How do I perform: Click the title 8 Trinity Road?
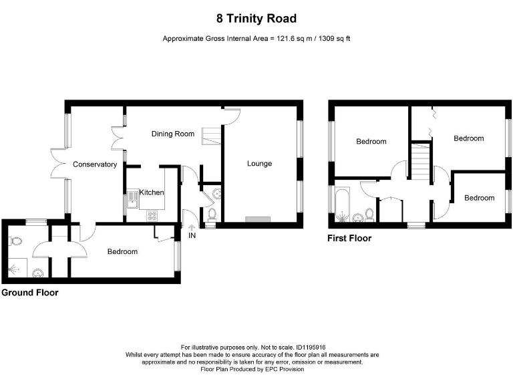click(x=256, y=19)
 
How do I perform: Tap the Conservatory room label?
click(x=95, y=164)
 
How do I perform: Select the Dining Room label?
click(x=173, y=134)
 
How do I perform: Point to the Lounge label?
click(x=259, y=163)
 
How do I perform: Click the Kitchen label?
click(x=152, y=192)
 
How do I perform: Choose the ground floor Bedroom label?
click(x=122, y=251)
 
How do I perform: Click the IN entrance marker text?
click(x=192, y=235)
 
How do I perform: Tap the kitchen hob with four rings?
click(x=152, y=215)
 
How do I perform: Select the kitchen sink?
click(x=132, y=199)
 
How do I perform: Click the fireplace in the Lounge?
click(x=258, y=219)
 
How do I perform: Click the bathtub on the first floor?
click(x=343, y=204)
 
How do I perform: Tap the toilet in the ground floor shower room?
click(x=16, y=241)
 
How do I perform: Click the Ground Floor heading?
click(x=30, y=293)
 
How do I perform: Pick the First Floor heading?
click(x=349, y=239)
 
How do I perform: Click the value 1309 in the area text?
click(x=327, y=39)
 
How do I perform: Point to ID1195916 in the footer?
click(x=311, y=348)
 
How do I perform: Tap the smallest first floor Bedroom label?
click(x=480, y=198)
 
